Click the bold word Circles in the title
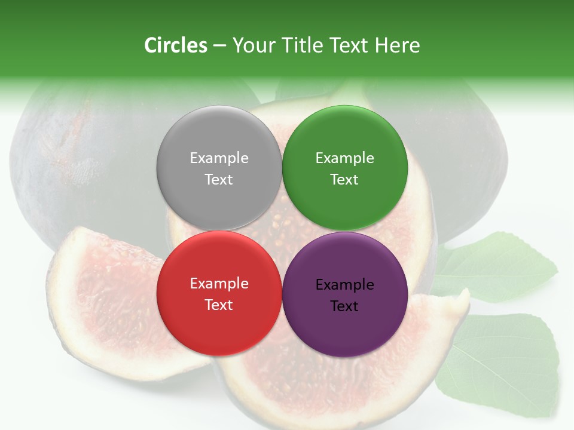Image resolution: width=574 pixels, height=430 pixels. click(175, 45)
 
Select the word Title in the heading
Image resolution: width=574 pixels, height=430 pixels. click(302, 45)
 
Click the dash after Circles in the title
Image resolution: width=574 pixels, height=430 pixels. click(219, 46)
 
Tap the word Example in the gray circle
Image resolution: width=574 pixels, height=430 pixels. click(219, 158)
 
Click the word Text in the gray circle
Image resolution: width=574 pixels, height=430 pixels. click(219, 180)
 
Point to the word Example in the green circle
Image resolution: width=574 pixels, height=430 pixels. click(344, 158)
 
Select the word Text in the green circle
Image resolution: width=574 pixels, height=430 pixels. click(344, 180)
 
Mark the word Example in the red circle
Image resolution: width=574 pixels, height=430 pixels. click(219, 284)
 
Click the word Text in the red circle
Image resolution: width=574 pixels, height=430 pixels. click(219, 305)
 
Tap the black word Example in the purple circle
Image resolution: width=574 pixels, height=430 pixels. click(344, 285)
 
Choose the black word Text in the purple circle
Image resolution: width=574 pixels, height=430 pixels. click(344, 306)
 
